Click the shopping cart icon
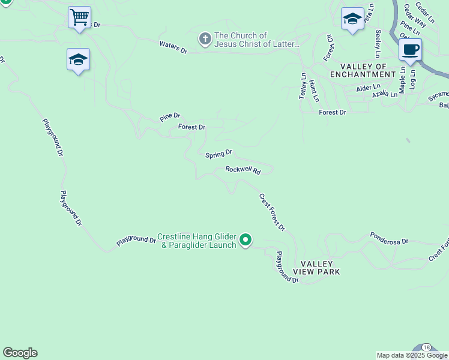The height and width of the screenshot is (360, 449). click(79, 17)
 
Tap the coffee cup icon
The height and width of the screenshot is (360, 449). click(410, 49)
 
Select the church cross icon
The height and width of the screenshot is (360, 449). click(205, 40)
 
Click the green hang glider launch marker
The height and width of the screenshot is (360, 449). click(246, 240)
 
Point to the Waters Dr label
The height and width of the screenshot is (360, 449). click(173, 48)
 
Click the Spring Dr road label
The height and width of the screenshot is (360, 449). click(218, 154)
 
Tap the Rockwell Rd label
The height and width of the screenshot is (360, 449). click(243, 170)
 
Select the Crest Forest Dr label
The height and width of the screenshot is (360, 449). click(272, 212)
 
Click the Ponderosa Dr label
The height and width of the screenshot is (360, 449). click(389, 238)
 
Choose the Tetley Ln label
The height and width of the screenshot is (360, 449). click(303, 85)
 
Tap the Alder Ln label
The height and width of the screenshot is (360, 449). click(364, 88)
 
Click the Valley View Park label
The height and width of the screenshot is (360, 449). click(321, 268)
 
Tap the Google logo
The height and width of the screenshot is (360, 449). click(20, 353)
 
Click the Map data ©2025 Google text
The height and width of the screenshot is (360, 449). click(412, 355)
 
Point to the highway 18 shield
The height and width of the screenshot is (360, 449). click(426, 348)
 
